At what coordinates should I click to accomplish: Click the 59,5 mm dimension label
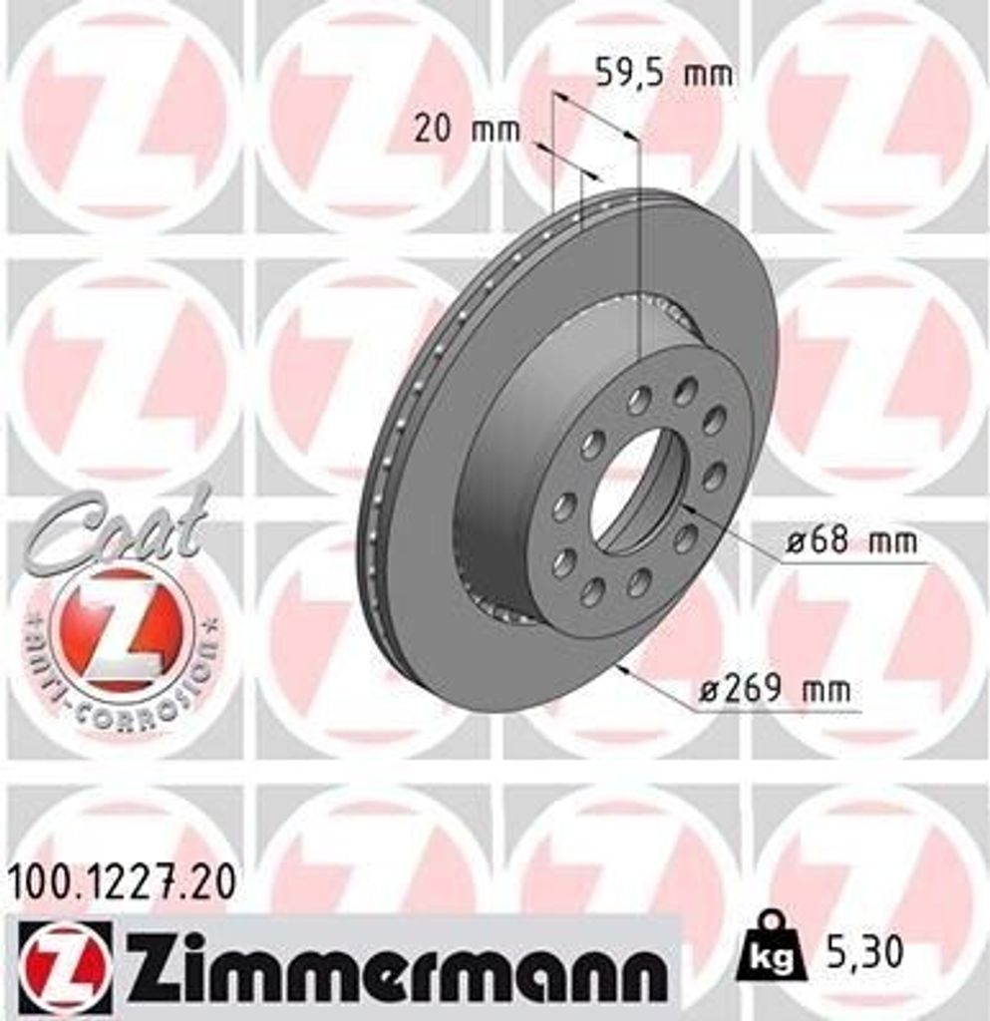(x=663, y=73)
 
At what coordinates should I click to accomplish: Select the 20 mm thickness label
(x=467, y=130)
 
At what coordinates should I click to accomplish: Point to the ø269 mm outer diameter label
(x=775, y=689)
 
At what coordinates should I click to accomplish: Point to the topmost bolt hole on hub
(x=686, y=391)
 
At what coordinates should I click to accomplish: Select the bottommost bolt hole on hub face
(x=593, y=593)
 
